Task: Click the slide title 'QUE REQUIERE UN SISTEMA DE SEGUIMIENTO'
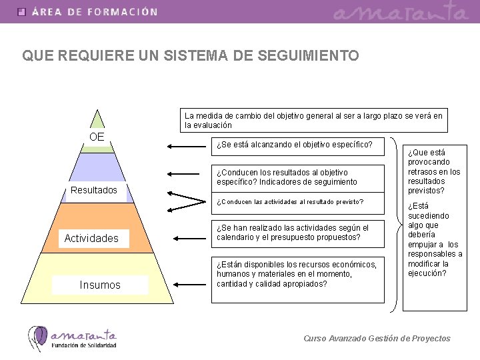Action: click(x=191, y=56)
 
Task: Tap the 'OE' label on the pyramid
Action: click(x=97, y=137)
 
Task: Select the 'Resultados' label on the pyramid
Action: click(x=94, y=191)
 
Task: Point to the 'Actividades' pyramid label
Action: click(x=91, y=238)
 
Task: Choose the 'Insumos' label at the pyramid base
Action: click(x=100, y=285)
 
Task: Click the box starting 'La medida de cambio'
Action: click(x=314, y=120)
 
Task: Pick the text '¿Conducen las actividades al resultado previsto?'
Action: click(x=290, y=201)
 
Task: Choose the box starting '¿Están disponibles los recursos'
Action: click(x=298, y=273)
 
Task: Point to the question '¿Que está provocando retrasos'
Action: click(x=435, y=171)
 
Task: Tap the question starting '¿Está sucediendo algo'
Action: click(x=435, y=239)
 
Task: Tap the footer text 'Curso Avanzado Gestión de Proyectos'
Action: click(x=377, y=338)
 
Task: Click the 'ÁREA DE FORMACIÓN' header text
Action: click(x=95, y=11)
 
